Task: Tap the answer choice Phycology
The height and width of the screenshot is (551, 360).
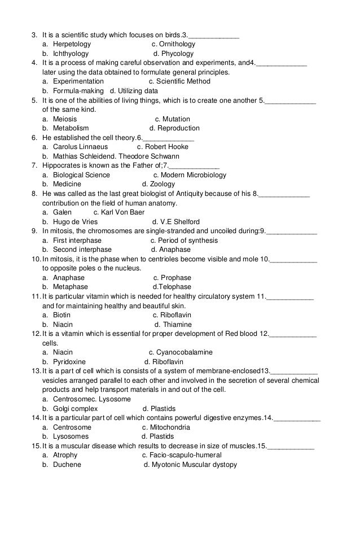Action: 177,54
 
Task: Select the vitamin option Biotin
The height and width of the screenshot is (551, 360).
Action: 62,315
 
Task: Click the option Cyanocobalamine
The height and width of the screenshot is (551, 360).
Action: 184,352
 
